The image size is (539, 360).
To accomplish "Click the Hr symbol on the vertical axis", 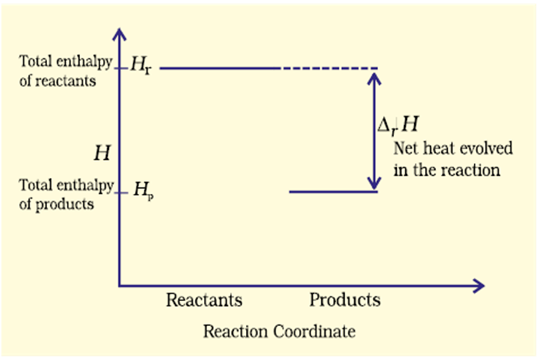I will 140,67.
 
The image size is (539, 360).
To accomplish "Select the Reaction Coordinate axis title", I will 279,332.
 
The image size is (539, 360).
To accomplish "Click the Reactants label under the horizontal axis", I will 204,300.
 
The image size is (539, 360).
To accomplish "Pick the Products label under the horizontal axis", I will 345,300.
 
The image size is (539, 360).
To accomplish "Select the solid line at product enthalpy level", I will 333,192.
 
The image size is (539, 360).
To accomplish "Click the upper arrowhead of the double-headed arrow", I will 374,75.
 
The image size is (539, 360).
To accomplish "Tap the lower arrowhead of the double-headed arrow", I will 374,184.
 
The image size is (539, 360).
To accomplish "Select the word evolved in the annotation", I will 487,150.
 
